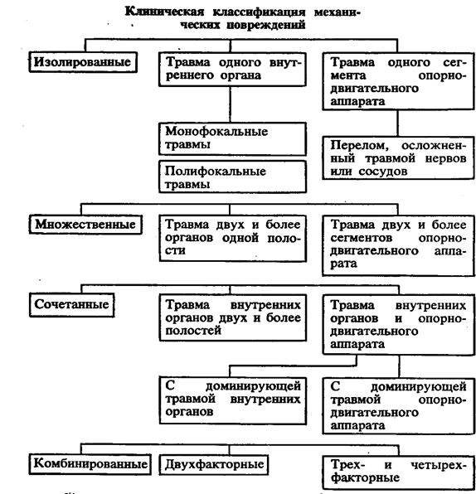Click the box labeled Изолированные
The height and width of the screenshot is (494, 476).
pos(83,62)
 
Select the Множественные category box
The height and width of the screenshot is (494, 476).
pos(85,225)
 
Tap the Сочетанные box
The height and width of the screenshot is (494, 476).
pos(72,305)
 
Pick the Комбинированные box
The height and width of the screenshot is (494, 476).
pos(90,464)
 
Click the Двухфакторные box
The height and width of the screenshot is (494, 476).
pos(214,464)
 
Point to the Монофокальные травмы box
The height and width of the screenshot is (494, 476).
pos(233,138)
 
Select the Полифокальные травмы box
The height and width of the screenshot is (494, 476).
pos(233,177)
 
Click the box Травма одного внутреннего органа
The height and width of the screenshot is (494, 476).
pos(233,69)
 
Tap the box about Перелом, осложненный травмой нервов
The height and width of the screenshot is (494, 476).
pos(398,157)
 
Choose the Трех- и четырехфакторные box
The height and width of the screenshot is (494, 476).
pos(398,472)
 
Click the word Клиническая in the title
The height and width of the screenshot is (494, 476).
pos(164,12)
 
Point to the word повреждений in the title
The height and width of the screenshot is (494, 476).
pos(265,25)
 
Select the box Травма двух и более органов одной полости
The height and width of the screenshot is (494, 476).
pos(233,238)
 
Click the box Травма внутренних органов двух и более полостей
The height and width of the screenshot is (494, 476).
pos(233,317)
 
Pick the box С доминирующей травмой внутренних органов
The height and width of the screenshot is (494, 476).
pos(233,400)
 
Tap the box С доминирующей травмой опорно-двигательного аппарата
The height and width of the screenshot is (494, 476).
pos(398,406)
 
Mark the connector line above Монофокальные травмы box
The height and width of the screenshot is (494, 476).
pos(230,104)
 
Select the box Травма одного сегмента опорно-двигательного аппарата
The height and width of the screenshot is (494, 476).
pos(398,81)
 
